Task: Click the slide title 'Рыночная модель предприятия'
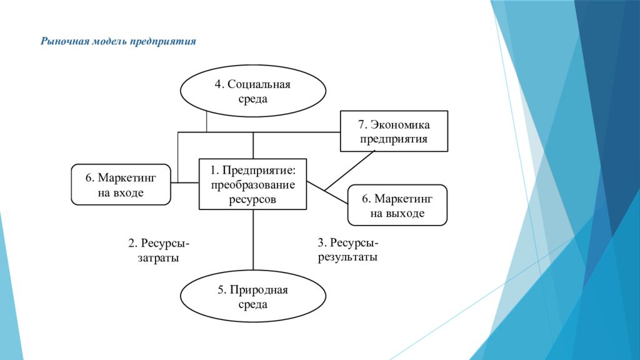coord(118,42)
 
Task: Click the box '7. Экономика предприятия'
coord(394,131)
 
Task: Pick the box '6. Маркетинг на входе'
coord(121,184)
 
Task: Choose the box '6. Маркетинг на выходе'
coord(397,205)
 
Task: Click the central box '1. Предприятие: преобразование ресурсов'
coord(252,184)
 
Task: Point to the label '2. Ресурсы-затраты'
coord(159,250)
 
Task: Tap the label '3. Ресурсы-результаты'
coord(348,250)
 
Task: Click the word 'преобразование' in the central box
coord(252,185)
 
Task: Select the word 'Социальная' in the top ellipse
coord(259,84)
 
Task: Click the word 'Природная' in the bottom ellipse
coord(259,290)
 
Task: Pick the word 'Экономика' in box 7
coord(399,124)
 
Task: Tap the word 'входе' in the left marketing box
coord(129,192)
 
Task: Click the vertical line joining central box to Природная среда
coord(253,240)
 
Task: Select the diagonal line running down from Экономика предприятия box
coord(350,171)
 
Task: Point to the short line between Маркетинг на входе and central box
coord(185,182)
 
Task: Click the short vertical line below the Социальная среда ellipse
coord(206,122)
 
